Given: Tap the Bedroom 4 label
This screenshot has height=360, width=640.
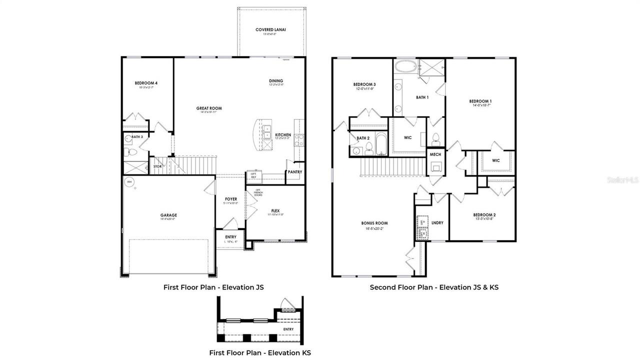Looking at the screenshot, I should (146, 83).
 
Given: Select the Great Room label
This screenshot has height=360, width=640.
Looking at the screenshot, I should (209, 108).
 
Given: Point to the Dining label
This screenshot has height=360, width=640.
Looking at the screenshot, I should (275, 81).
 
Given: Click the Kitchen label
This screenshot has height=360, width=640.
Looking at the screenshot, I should (283, 135).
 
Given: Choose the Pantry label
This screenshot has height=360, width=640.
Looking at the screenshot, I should (294, 172).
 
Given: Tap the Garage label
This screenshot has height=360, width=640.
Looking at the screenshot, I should (168, 215).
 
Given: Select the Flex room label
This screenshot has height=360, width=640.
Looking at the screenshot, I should (275, 210).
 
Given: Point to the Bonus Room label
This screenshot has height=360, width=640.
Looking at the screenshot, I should (374, 223).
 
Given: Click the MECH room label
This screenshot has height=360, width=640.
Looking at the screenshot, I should (435, 155).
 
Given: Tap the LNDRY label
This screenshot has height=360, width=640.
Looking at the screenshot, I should (437, 223).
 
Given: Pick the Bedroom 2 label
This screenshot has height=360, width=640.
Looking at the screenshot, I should (484, 215).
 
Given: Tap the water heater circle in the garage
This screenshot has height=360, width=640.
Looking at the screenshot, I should (129, 182).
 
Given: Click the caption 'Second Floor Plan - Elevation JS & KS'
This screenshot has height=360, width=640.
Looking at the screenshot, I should (434, 287).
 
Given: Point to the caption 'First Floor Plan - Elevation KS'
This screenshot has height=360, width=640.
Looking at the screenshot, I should (260, 353).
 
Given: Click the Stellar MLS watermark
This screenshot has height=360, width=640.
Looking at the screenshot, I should (622, 179).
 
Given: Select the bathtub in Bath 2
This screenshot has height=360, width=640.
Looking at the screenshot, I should (381, 143).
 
